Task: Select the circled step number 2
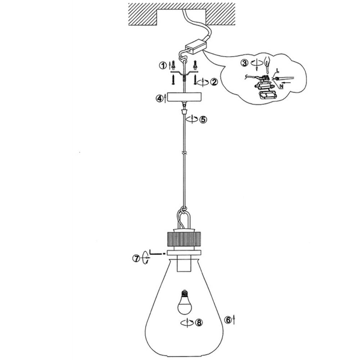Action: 215,82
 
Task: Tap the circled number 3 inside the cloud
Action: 245,63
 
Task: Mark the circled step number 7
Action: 136,258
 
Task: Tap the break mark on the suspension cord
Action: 184,153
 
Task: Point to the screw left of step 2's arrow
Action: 195,80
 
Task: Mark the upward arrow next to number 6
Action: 234,319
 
